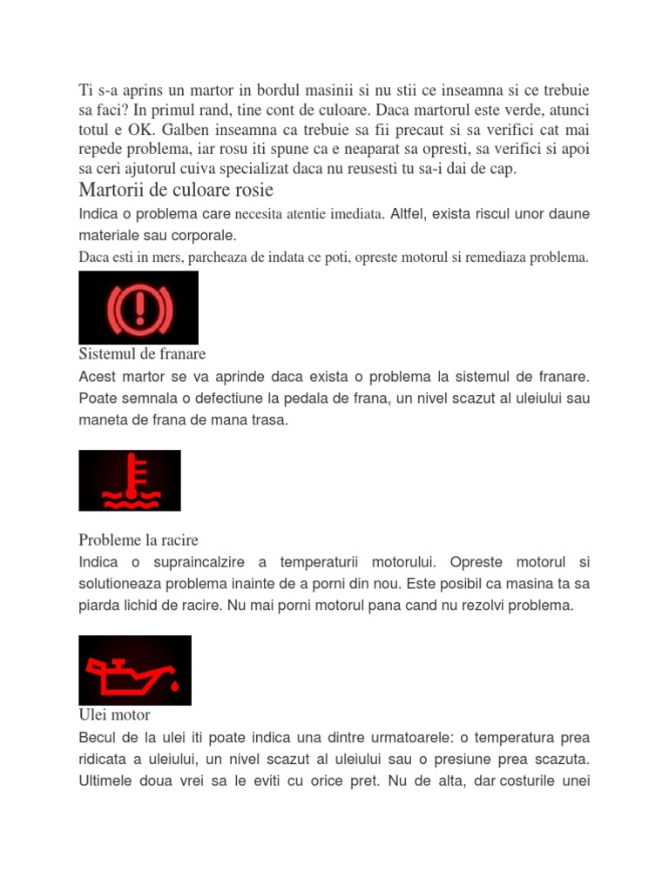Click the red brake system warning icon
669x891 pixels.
point(139,307)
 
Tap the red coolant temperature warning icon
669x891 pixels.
point(130,480)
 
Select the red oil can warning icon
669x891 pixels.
point(135,670)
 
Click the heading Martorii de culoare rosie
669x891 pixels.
point(176,190)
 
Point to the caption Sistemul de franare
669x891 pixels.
point(142,354)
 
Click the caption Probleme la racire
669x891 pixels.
point(139,540)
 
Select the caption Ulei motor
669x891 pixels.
point(114,714)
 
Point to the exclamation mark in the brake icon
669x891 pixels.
point(139,307)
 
